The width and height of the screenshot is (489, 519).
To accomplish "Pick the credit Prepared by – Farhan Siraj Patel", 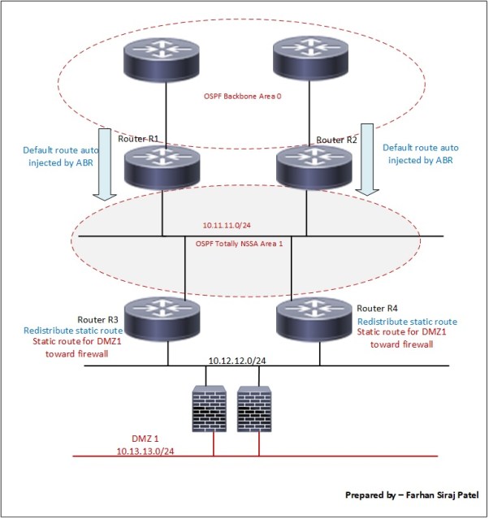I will click(x=412, y=494).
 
